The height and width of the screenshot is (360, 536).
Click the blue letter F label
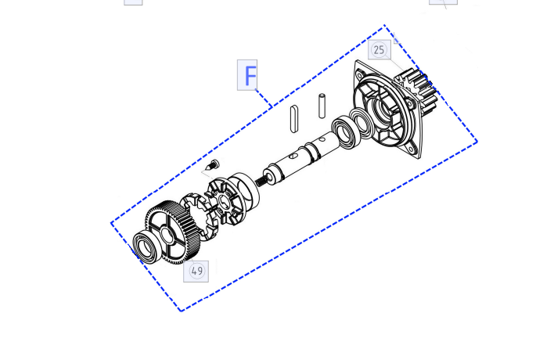[247, 75]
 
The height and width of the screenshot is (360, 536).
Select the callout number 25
[379, 50]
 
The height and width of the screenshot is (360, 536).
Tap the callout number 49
[196, 271]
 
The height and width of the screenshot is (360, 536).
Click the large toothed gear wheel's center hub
[167, 235]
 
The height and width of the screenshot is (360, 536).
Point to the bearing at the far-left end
[146, 247]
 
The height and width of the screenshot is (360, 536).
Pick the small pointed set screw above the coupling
[212, 165]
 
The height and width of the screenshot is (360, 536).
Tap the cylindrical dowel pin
[322, 106]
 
